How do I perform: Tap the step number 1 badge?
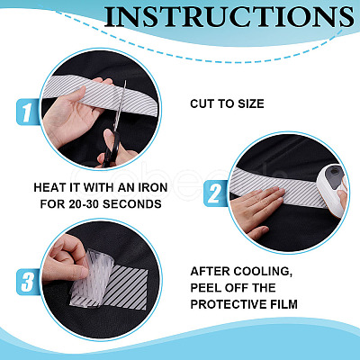click(x=28, y=112)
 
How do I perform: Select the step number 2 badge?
click(x=215, y=193)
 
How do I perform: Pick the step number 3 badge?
click(x=28, y=282)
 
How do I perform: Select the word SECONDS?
click(x=132, y=204)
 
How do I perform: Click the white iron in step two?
click(x=332, y=190)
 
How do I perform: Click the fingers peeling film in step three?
click(x=65, y=259)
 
